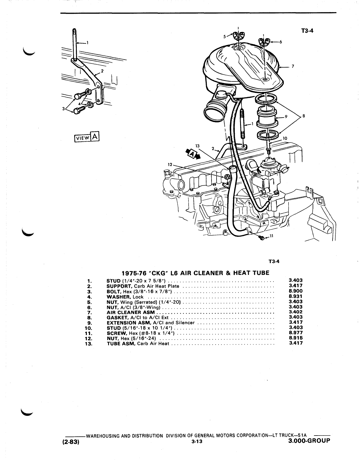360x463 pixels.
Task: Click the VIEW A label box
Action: click(87, 137)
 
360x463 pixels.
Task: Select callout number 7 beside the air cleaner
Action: click(293, 66)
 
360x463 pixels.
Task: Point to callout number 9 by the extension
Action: click(286, 116)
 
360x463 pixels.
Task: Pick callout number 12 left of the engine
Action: click(170, 165)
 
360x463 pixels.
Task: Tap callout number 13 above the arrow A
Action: click(198, 146)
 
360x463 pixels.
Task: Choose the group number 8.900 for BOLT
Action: click(296, 291)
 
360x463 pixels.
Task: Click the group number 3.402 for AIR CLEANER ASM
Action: click(296, 312)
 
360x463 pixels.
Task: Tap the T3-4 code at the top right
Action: click(307, 31)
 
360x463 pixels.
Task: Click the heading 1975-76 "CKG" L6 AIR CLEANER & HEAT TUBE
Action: click(196, 273)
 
